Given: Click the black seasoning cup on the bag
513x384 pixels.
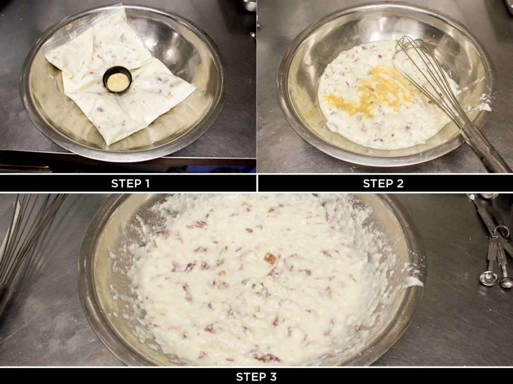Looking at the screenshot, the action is coord(117,80).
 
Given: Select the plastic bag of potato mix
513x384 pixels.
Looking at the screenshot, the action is coord(119,75).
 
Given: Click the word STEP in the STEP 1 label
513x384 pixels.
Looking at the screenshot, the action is coord(123,184).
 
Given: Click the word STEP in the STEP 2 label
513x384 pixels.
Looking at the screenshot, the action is coord(375,184).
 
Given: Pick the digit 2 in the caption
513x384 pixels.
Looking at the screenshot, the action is coord(399,184).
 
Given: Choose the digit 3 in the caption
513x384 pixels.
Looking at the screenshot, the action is coord(273,376).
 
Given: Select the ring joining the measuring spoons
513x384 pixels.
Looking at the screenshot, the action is coord(501,231).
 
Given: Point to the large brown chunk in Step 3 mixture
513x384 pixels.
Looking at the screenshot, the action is coord(270,258).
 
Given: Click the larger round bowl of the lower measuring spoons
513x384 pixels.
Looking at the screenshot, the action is coord(489,278).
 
